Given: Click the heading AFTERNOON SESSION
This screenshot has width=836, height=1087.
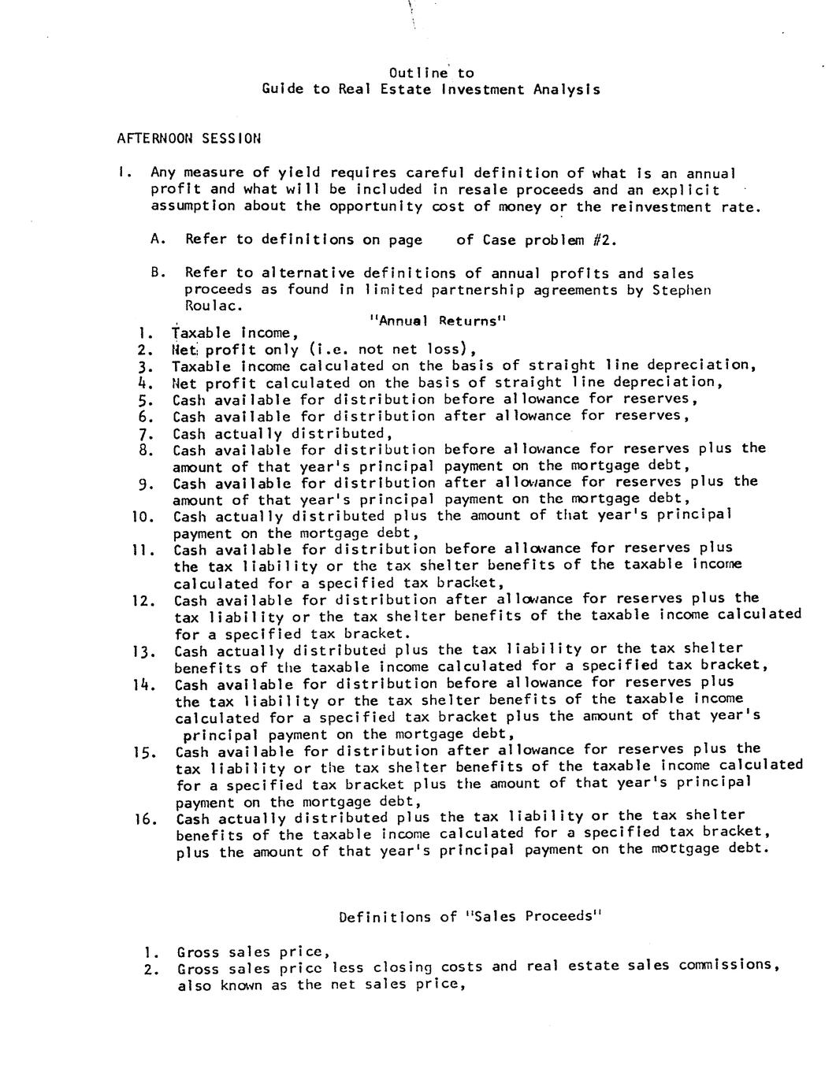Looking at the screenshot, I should (189, 139).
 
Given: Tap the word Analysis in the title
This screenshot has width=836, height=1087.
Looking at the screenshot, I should (567, 90).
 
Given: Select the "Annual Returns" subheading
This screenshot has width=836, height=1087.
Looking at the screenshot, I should (437, 321).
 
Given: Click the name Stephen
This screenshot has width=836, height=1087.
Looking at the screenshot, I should (682, 290).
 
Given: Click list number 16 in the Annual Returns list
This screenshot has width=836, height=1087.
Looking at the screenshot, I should (144, 818).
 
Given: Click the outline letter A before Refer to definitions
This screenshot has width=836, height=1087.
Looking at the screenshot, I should (155, 240).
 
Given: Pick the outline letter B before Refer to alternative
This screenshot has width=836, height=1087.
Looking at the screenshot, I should (156, 273).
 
